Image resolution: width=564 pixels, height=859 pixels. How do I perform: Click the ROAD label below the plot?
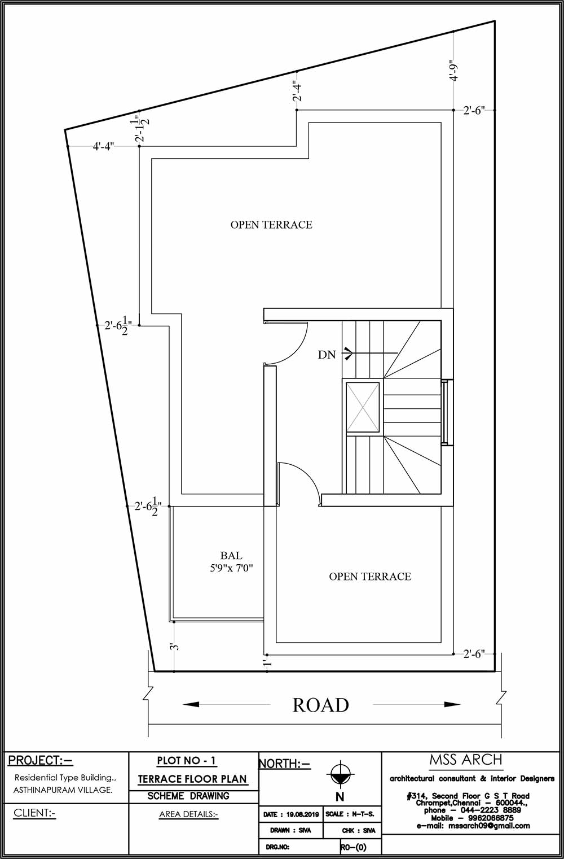pos(321,705)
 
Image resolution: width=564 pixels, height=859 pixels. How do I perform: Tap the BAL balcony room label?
pos(231,556)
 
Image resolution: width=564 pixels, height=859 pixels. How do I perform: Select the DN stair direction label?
pos(327,355)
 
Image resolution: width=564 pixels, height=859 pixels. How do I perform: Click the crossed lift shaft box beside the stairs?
pos(363,407)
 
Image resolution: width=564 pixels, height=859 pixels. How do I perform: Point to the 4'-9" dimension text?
pos(453,70)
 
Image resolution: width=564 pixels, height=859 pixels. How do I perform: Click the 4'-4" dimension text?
pos(103,146)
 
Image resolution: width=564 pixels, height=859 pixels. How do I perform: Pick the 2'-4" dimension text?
pos(297,91)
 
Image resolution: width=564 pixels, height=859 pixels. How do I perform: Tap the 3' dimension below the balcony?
pos(175,647)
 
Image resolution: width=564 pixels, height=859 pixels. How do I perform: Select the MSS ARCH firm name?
pos(466,759)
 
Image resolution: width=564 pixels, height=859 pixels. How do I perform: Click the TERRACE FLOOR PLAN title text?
pos(192,779)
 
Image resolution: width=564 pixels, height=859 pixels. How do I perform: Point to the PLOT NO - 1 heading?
pos(187,760)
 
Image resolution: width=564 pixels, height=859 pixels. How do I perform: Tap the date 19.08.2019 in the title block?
pos(302,814)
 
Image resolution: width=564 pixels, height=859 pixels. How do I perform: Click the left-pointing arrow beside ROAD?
pos(226,704)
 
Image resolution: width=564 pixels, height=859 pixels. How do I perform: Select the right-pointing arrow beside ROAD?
pos(417,704)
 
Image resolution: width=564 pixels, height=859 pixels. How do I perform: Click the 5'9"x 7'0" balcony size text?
pos(231,568)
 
